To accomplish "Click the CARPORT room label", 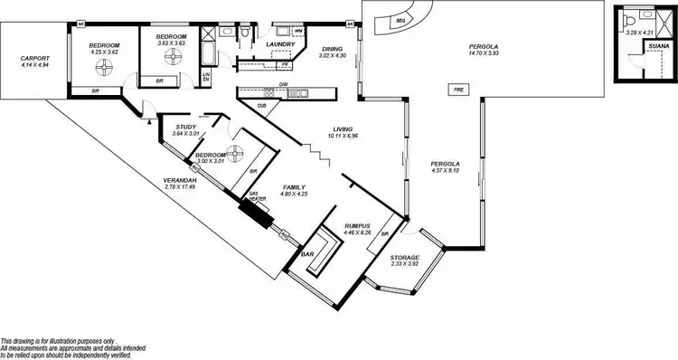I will tap(34, 60).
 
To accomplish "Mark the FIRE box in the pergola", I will tap(458, 90).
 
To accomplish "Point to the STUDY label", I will tap(185, 128).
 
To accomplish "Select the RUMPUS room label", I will tap(358, 225).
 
